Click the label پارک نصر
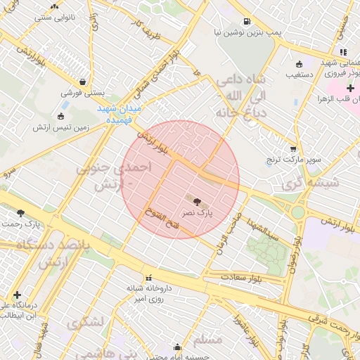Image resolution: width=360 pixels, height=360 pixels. pos(197,212)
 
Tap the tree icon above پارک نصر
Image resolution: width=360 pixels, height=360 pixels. pos(196,201)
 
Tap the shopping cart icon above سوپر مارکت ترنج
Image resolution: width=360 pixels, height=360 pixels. pos(293,149)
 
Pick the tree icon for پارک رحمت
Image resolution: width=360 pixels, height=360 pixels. pos(20,212)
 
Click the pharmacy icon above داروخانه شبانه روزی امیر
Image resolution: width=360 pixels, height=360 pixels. pos(148,278)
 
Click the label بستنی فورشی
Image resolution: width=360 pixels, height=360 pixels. pos(84,92)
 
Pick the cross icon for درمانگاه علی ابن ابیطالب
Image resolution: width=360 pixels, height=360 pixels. pos(17,295)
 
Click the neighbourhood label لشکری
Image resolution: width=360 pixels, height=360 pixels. pos(86,324)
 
